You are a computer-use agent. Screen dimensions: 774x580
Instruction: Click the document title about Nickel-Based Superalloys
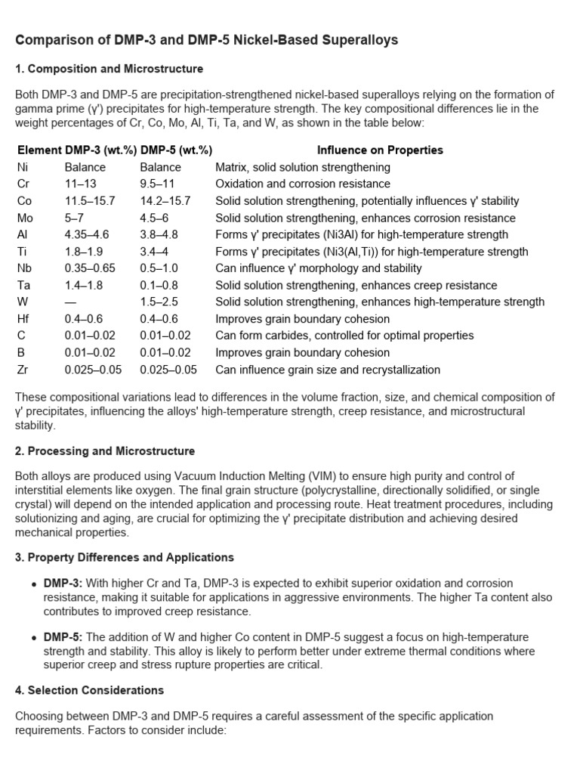[206, 40]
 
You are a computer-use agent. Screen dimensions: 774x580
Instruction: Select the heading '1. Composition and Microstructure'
[109, 69]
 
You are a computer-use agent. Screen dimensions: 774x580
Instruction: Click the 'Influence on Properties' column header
[380, 150]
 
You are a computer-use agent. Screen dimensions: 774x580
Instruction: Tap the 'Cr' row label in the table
[23, 184]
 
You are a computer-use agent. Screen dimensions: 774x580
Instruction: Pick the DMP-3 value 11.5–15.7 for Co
[90, 201]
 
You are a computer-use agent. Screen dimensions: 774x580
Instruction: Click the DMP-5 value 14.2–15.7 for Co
[165, 201]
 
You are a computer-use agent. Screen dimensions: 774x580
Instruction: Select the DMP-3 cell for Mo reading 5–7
[76, 218]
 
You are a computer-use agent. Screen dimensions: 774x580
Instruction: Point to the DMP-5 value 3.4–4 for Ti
[156, 252]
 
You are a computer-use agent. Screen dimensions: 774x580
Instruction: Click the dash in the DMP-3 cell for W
[70, 302]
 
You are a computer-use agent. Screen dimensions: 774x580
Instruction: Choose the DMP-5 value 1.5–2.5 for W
[159, 302]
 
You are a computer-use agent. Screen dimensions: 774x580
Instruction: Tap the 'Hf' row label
[23, 319]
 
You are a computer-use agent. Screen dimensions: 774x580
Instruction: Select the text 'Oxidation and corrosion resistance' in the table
[303, 184]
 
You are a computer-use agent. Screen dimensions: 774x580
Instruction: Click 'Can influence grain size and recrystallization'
[328, 370]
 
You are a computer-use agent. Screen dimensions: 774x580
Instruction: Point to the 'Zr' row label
[23, 370]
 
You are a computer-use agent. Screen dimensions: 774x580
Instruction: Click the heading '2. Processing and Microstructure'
[105, 451]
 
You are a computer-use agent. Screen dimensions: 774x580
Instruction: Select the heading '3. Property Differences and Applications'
[125, 557]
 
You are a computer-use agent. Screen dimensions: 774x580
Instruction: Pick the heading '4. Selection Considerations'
[89, 690]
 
